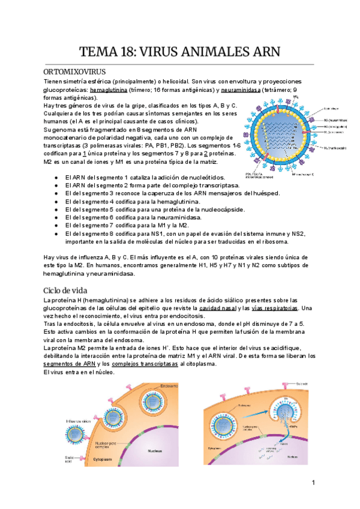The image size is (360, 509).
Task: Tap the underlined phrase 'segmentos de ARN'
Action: point(66,364)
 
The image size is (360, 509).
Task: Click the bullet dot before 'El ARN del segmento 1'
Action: point(56,178)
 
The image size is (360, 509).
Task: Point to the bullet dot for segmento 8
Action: point(56,233)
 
